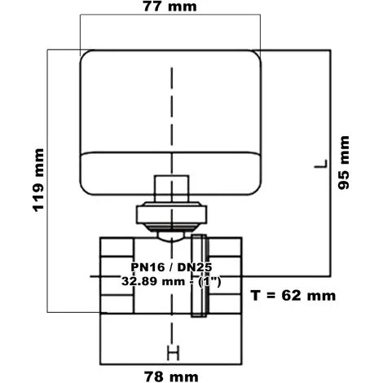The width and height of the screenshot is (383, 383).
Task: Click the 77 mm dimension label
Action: click(169, 7)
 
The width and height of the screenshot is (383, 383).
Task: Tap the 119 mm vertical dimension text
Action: click(38, 180)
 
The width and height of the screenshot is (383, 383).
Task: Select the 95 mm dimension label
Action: click(344, 162)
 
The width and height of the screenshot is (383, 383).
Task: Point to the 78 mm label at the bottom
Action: click(171, 376)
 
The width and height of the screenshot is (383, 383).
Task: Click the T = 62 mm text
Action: click(293, 295)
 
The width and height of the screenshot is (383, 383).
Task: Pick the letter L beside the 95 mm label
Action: click(321, 164)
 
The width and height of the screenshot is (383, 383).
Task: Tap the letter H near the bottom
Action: click(173, 354)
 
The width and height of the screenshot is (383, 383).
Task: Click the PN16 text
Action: click(147, 267)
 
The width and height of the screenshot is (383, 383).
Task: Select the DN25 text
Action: click(195, 267)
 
